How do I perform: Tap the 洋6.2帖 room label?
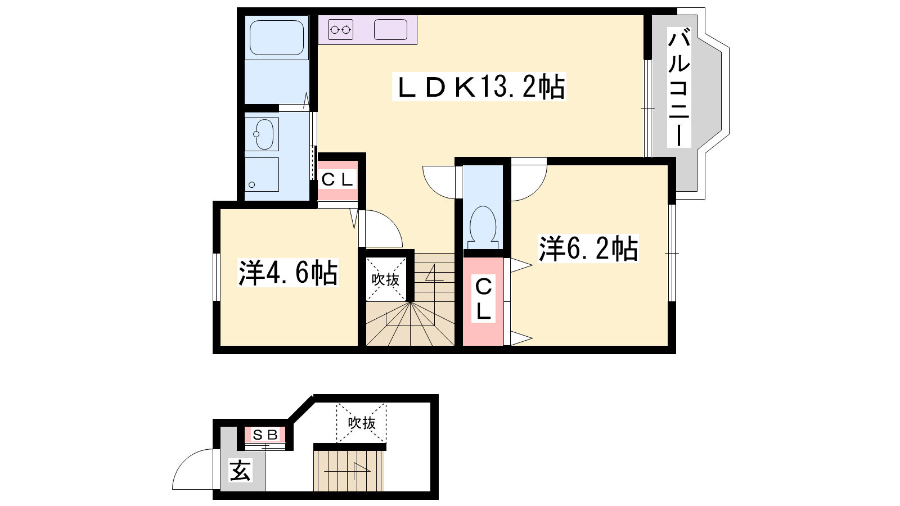pyautogui.click(x=588, y=249)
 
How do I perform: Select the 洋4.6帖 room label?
pyautogui.click(x=287, y=273)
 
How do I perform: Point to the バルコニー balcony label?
pyautogui.click(x=678, y=87)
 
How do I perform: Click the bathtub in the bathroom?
pyautogui.click(x=277, y=38)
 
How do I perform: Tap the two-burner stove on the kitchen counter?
pyautogui.click(x=340, y=29)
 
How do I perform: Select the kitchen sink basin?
pyautogui.click(x=390, y=29)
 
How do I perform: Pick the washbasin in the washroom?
pyautogui.click(x=262, y=134)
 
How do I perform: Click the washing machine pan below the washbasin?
pyautogui.click(x=262, y=174)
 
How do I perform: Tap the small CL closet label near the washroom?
pyautogui.click(x=337, y=179)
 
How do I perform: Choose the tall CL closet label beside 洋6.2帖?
pyautogui.click(x=483, y=299)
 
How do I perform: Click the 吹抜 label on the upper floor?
pyautogui.click(x=385, y=279)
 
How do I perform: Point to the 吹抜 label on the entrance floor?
pyautogui.click(x=362, y=422)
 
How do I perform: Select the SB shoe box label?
pyautogui.click(x=265, y=435)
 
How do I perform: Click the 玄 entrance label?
pyautogui.click(x=240, y=470)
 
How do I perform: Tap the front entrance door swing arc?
pyautogui.click(x=186, y=460)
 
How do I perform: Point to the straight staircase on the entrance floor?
pyautogui.click(x=348, y=471)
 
